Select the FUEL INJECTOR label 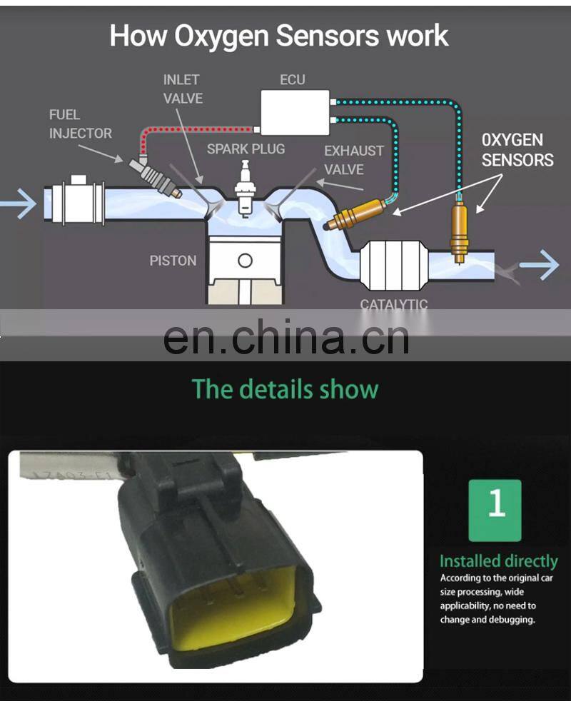[81, 124]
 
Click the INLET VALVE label [183, 89]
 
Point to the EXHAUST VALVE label [353, 160]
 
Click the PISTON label [173, 261]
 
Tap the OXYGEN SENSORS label [517, 150]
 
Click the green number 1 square [495, 510]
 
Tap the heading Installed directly [498, 561]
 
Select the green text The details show [285, 389]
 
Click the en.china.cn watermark [286, 338]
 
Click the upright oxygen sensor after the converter [458, 227]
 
